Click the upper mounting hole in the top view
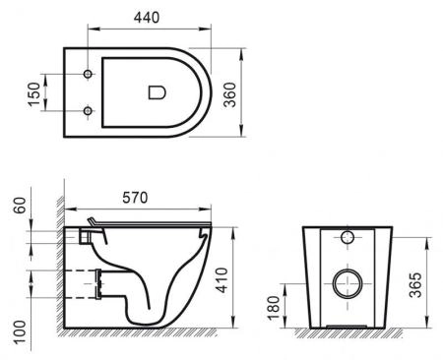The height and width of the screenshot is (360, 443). point(89,76)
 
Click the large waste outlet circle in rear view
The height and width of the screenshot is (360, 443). point(346,284)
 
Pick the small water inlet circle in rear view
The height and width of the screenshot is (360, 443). point(347,238)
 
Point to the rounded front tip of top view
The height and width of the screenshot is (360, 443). point(211,92)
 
